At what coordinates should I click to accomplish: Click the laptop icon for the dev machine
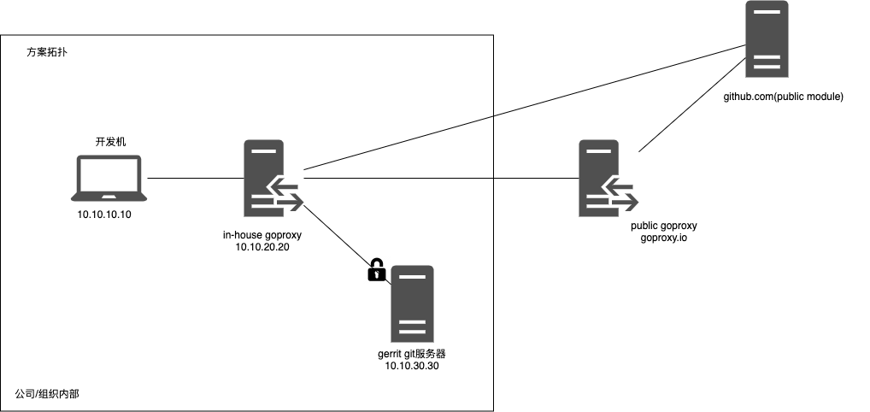coord(110,180)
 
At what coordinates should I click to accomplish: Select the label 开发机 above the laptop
coord(110,142)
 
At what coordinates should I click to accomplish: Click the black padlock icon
coord(375,272)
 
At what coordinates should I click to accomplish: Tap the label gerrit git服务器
coord(412,353)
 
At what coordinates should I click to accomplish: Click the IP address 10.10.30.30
coord(412,366)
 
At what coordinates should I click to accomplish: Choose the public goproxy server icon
coord(603,179)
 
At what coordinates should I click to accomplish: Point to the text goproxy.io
coord(664,238)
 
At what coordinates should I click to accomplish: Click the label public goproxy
coord(664,226)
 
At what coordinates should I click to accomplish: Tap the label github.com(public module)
coord(783,97)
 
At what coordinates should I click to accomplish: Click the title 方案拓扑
coord(48,53)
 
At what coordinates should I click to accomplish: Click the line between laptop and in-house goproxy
coord(196,179)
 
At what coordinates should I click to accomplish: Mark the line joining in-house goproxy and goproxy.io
coord(440,179)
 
